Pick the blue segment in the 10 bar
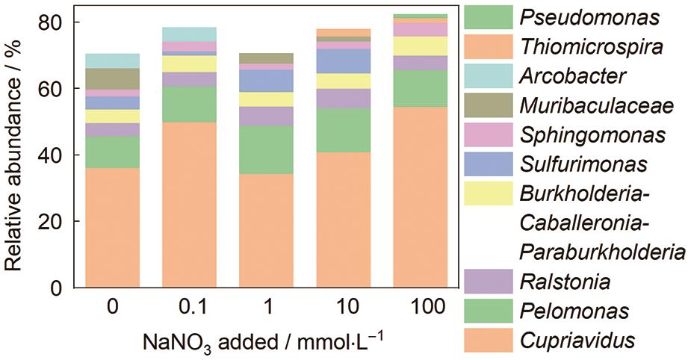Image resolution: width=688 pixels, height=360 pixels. (343, 61)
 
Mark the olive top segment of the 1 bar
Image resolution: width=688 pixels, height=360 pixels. (266, 58)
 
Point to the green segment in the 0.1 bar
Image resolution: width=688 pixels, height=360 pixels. (189, 104)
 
